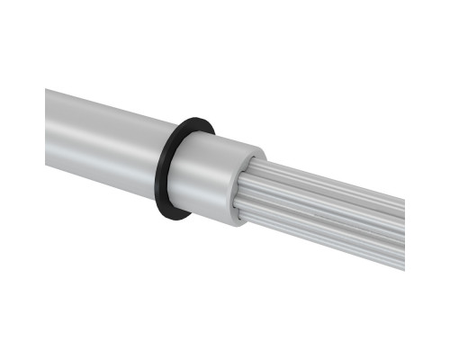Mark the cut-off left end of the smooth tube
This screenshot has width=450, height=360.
coord(47,126)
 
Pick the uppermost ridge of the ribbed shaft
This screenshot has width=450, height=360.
coord(333,175)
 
